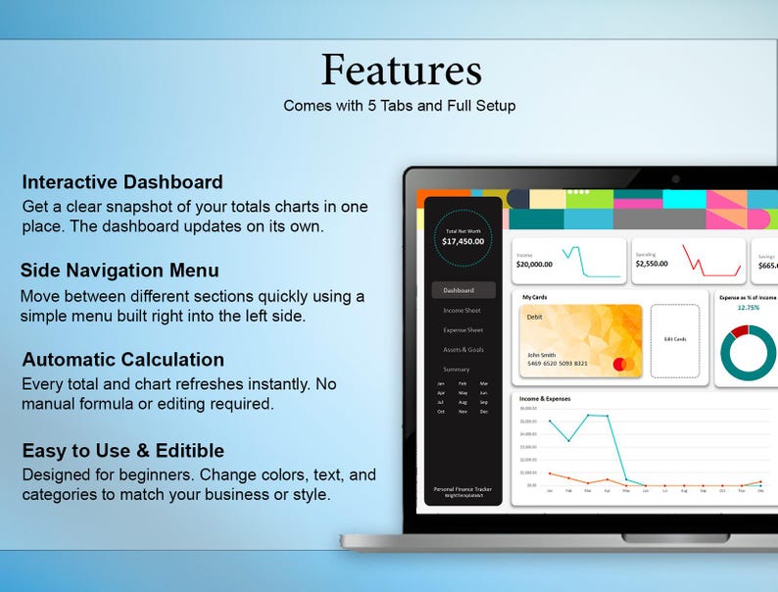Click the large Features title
point(401,70)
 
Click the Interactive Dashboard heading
point(122,182)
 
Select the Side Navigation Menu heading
point(121,271)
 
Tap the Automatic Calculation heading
point(122,360)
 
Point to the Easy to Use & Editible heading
point(122,451)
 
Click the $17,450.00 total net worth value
point(463,241)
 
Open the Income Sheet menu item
point(462,311)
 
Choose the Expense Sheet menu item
point(462,330)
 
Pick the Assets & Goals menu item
point(462,350)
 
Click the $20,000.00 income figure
point(535,264)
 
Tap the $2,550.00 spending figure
point(652,264)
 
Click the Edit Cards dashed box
point(674,339)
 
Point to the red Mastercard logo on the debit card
point(620,365)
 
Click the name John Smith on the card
point(541,355)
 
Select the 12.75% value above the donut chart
point(748,307)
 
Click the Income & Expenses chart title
point(545,399)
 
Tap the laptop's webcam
point(675,178)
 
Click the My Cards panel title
point(535,296)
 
